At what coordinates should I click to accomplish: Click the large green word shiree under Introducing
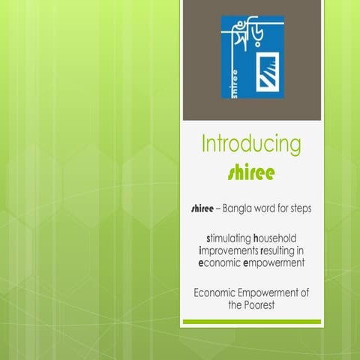point(251,172)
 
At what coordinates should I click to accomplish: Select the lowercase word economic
point(222,264)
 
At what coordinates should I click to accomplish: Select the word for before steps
point(285,208)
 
